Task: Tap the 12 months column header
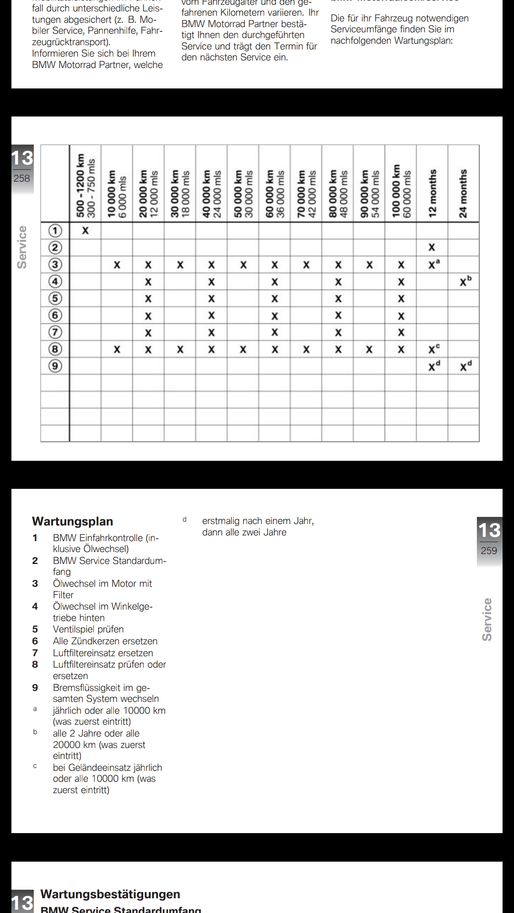pos(432,193)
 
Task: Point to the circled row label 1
pos(56,231)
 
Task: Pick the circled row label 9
pos(56,366)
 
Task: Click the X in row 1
pos(85,231)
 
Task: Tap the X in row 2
pos(432,247)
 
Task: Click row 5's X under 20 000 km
pos(148,299)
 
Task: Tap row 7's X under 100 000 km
pos(401,332)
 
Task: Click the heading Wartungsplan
pos(72,521)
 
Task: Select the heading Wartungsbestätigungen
pos(110,894)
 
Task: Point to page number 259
pos(489,551)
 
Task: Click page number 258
pos(22,178)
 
